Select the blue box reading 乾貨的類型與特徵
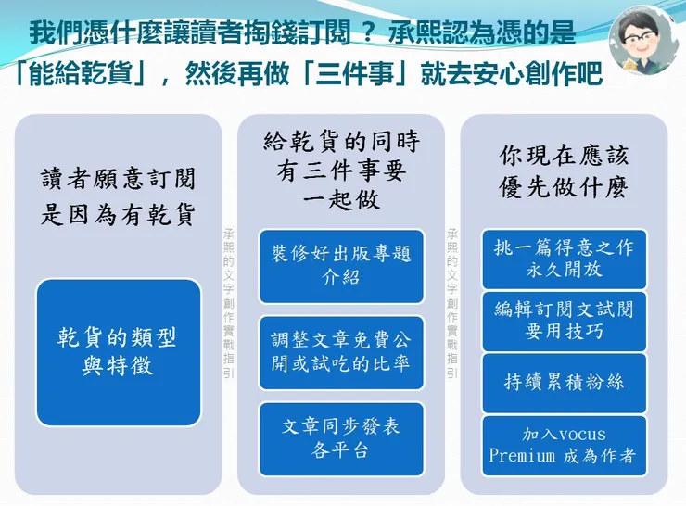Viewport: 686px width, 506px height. coord(119,351)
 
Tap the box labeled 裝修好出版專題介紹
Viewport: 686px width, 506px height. coord(341,266)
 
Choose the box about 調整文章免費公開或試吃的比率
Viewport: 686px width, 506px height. coord(341,352)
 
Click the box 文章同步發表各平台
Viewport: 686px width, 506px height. coord(341,437)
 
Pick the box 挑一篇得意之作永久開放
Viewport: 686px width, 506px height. coord(565,259)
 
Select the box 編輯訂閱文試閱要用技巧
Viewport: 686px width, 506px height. coord(565,321)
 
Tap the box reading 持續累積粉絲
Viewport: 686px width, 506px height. coord(565,383)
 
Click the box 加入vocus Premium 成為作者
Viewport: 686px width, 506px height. coord(565,445)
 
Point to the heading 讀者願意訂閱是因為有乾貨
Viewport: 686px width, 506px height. coord(119,197)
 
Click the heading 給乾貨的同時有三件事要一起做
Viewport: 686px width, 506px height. coord(341,171)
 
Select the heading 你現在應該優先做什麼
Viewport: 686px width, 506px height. coord(565,171)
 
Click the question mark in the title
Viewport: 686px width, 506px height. coord(368,33)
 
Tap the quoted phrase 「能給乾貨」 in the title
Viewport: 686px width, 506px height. coord(79,71)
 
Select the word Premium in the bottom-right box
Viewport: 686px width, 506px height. coord(523,456)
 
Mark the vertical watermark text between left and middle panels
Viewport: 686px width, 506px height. coord(229,301)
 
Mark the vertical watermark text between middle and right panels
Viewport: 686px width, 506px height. coord(452,301)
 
